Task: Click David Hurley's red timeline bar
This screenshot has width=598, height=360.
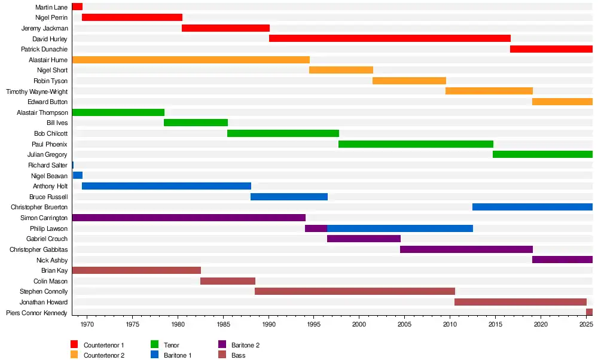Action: [x=389, y=38]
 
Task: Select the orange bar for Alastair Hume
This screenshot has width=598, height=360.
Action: [x=191, y=60]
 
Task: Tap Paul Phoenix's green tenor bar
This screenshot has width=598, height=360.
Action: [x=416, y=144]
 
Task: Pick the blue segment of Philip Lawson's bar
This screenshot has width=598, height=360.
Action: [x=399, y=228]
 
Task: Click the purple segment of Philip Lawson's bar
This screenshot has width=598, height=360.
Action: [x=316, y=228]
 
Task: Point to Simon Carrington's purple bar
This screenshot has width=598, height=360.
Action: [x=188, y=218]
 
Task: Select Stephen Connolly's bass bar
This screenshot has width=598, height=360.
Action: [x=355, y=291]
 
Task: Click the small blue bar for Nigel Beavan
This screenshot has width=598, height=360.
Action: [x=78, y=176]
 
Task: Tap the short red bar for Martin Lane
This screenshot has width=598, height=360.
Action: [x=77, y=7]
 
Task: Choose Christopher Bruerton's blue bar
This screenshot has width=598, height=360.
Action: [x=532, y=207]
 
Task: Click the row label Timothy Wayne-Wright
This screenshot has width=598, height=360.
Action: [x=37, y=91]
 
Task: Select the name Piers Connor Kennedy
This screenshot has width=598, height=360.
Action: [x=37, y=313]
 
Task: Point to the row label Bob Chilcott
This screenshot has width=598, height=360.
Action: [x=51, y=133]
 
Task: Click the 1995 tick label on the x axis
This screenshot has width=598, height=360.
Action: [x=314, y=324]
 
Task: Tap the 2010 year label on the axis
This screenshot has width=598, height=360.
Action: [x=450, y=324]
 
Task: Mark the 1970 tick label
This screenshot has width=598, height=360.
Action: [x=87, y=324]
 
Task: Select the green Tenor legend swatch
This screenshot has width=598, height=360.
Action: [x=154, y=345]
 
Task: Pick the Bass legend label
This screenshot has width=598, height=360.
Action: [x=238, y=355]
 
